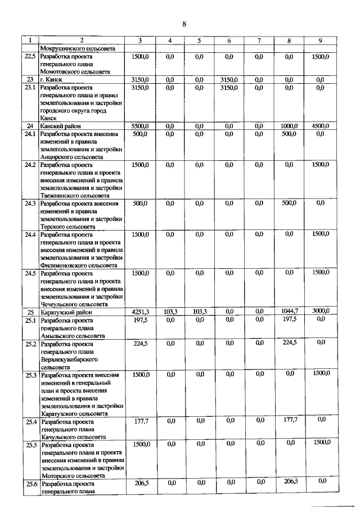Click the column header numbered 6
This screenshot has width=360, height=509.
(x=229, y=40)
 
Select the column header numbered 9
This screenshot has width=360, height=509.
(x=320, y=40)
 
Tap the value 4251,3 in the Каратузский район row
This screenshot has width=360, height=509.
(x=139, y=311)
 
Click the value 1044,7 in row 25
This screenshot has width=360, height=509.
(x=289, y=311)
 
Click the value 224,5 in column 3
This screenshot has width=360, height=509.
(x=140, y=343)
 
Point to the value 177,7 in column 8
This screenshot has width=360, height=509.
(x=289, y=420)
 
